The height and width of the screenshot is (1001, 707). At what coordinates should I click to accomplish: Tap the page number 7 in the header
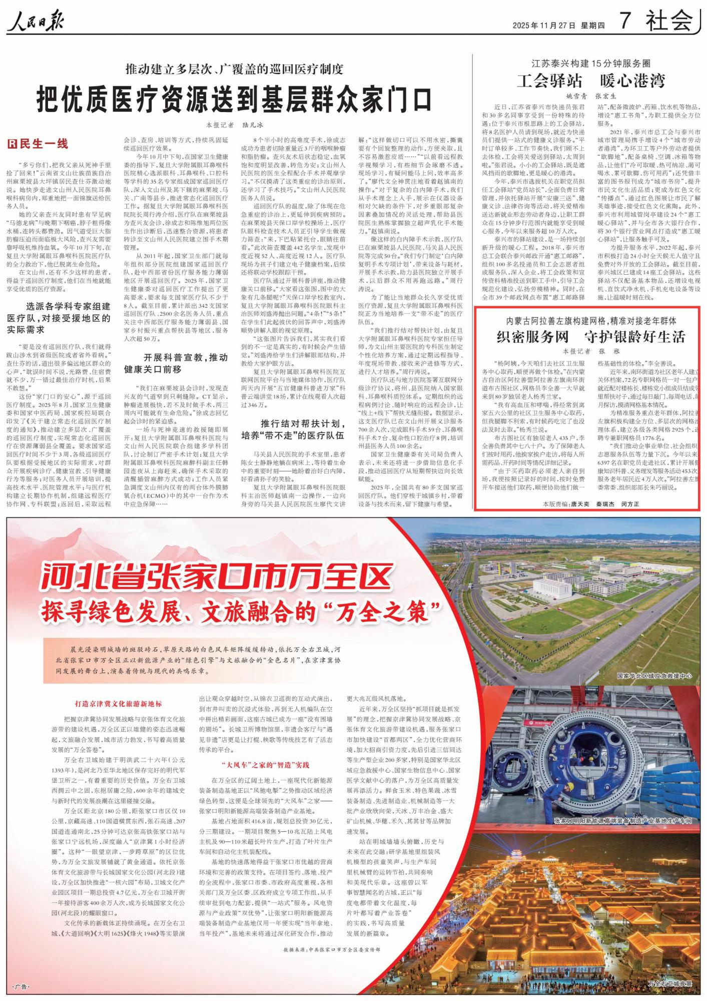(x=625, y=21)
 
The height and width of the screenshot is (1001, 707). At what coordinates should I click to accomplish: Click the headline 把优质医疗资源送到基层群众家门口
(x=234, y=99)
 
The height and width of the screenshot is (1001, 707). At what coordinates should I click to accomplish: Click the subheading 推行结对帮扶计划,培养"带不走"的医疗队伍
(x=293, y=429)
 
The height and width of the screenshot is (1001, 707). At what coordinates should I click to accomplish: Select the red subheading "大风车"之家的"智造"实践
(x=266, y=765)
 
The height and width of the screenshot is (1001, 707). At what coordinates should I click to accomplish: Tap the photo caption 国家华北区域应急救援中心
(x=654, y=676)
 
